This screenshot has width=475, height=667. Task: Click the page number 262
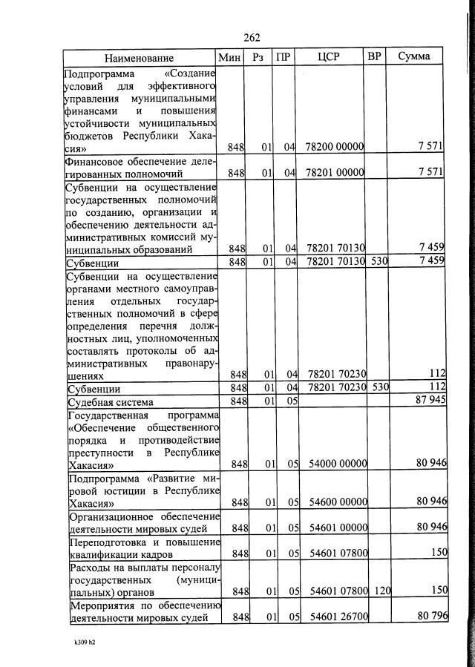(252, 39)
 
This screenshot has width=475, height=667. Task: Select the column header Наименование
(139, 58)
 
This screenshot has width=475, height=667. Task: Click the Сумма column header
(413, 57)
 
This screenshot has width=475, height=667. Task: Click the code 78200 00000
(335, 148)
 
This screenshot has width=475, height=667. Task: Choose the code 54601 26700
(338, 617)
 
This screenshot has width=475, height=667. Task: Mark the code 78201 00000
(335, 173)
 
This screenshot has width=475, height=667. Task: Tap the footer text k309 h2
(80, 642)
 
